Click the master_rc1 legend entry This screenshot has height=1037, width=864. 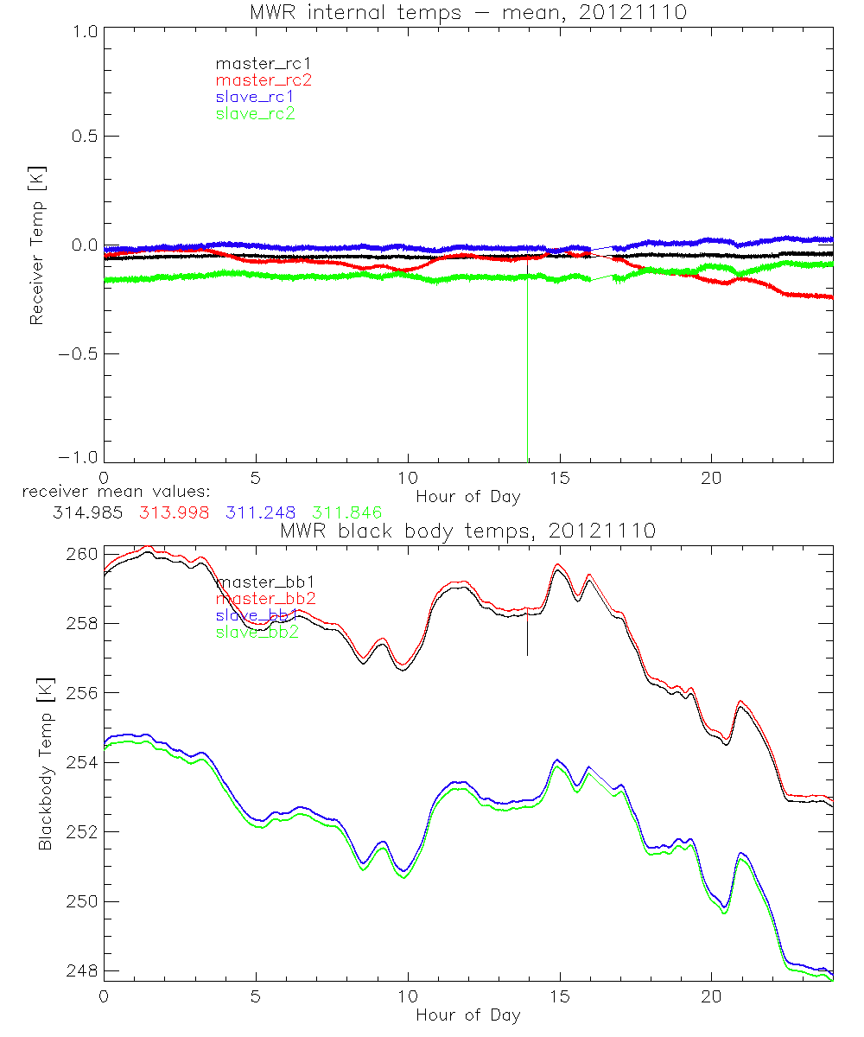pyautogui.click(x=256, y=63)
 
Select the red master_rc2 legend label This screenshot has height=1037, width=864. pyautogui.click(x=263, y=80)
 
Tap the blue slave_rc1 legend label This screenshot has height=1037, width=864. pyautogui.click(x=256, y=97)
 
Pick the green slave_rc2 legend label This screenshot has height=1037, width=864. pyautogui.click(x=256, y=113)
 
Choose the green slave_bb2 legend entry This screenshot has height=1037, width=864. pyautogui.click(x=257, y=633)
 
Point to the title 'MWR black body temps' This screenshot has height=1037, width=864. pyautogui.click(x=467, y=531)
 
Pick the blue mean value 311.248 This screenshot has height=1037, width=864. pyautogui.click(x=262, y=512)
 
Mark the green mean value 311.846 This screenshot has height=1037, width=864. pyautogui.click(x=347, y=512)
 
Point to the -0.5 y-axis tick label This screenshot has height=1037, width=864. pyautogui.click(x=79, y=354)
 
